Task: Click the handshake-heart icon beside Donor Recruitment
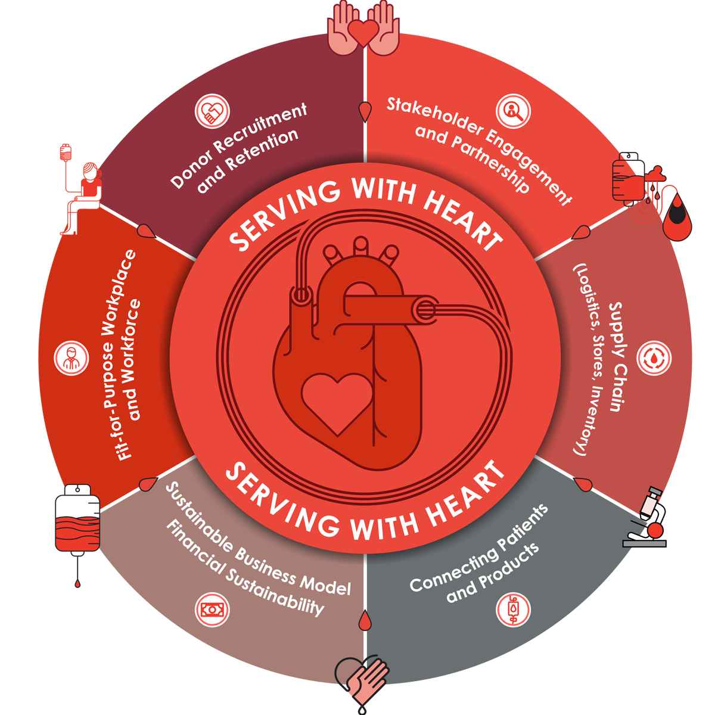212,111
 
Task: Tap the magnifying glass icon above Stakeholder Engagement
513,111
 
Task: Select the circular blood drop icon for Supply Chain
654,358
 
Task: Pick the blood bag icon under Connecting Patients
513,610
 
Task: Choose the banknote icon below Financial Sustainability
212,610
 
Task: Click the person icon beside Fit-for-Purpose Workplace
71,358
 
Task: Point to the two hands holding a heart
363,29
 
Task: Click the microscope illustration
648,517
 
